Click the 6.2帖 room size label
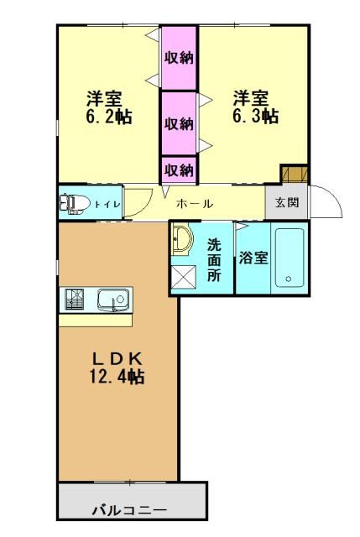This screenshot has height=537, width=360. pyautogui.click(x=109, y=117)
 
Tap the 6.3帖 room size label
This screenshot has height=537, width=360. pyautogui.click(x=256, y=117)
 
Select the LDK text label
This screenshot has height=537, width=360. pyautogui.click(x=117, y=359)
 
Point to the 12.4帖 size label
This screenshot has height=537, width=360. pyautogui.click(x=117, y=377)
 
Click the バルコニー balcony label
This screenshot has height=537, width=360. pyautogui.click(x=130, y=511)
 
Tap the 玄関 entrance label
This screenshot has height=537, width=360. pyautogui.click(x=287, y=202)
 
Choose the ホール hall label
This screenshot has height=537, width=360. pyautogui.click(x=195, y=204)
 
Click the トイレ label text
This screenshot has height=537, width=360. pyautogui.click(x=107, y=205)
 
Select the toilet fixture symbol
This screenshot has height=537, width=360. pyautogui.click(x=75, y=204)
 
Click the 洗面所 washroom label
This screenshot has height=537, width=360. pyautogui.click(x=215, y=260)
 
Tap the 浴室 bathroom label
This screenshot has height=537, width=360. pyautogui.click(x=253, y=258)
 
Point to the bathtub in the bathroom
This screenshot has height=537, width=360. pyautogui.click(x=290, y=258)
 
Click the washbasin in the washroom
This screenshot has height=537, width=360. pyautogui.click(x=181, y=239)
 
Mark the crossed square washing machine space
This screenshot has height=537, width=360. pyautogui.click(x=184, y=278)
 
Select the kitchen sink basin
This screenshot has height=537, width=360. pyautogui.click(x=114, y=300)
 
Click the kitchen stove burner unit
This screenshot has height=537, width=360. pyautogui.click(x=75, y=300)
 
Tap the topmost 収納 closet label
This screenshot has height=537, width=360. pyautogui.click(x=179, y=58)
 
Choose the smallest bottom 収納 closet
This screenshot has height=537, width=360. pyautogui.click(x=179, y=169)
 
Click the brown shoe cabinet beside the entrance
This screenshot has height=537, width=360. pyautogui.click(x=294, y=174)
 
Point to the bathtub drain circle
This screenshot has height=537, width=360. pyautogui.click(x=289, y=279)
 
